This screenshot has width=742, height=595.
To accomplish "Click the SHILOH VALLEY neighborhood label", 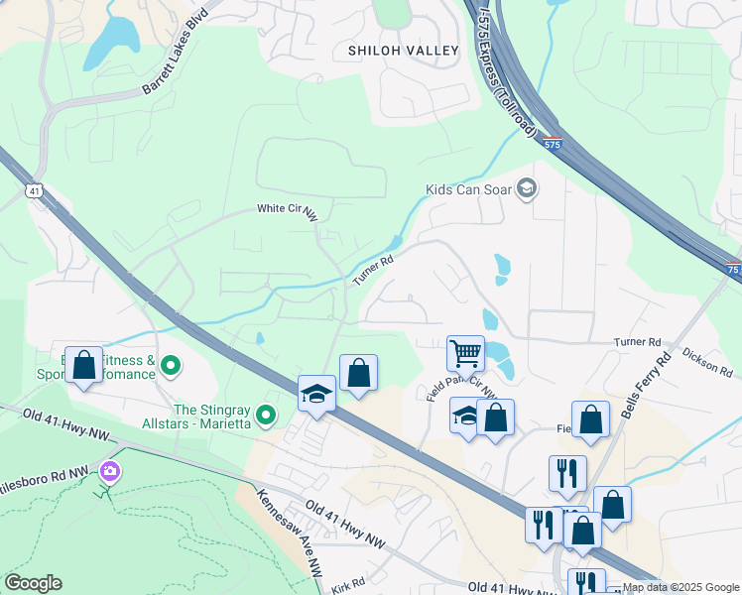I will (404, 51).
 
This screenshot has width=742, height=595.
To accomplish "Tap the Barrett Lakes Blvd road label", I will (177, 66).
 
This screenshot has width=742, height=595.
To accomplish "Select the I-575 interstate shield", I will (554, 145).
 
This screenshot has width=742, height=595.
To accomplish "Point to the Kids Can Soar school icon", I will (528, 188).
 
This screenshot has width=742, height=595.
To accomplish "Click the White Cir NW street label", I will (286, 211).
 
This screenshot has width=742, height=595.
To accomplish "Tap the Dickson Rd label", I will (706, 365).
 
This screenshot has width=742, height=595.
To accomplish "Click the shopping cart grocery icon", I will (464, 352).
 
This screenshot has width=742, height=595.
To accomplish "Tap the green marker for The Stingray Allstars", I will (265, 415).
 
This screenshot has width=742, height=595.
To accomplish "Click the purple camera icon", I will (108, 473).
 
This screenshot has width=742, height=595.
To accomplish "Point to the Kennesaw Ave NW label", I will (291, 533).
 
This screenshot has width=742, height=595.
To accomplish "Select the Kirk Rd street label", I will (349, 583).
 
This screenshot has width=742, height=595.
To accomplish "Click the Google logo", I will (33, 583).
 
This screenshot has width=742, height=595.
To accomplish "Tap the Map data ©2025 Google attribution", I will (680, 587).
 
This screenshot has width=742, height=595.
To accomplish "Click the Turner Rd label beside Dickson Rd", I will (637, 342).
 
